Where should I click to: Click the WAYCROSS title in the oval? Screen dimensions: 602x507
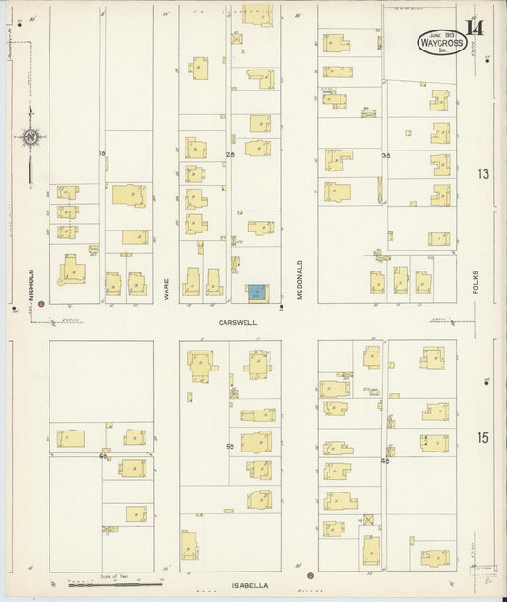pyautogui.click(x=442, y=43)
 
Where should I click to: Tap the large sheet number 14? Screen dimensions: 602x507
pyautogui.click(x=474, y=27)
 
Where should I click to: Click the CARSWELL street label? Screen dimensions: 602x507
pyautogui.click(x=238, y=323)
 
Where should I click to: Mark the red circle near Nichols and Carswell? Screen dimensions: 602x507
pyautogui.click(x=41, y=304)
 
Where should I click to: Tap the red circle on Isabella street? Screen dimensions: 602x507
pyautogui.click(x=310, y=576)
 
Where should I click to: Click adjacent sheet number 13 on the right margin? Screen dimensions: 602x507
pyautogui.click(x=483, y=173)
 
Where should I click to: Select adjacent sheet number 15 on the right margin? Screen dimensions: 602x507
pyautogui.click(x=483, y=437)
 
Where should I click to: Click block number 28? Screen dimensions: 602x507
pyautogui.click(x=228, y=153)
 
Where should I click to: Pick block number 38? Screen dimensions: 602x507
pyautogui.click(x=386, y=154)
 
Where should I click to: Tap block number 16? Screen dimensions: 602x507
pyautogui.click(x=102, y=153)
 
